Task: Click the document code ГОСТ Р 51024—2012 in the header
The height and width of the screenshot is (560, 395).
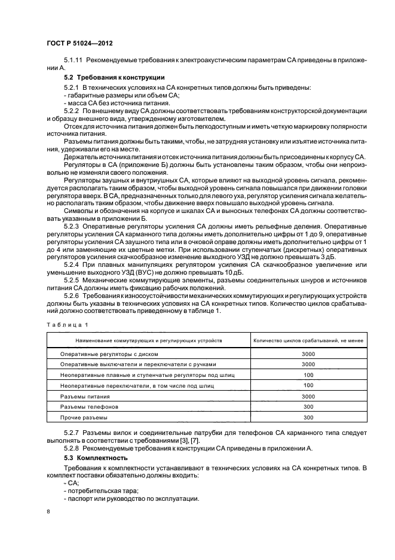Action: pyautogui.click(x=81, y=44)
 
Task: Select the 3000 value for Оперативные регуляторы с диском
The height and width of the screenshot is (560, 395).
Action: pyautogui.click(x=308, y=354)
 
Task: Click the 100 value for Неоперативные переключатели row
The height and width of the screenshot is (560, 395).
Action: pyautogui.click(x=308, y=385)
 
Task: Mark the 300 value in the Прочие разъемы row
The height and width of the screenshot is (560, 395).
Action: pyautogui.click(x=308, y=417)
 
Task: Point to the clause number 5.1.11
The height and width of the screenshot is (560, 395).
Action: pyautogui.click(x=74, y=61)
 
